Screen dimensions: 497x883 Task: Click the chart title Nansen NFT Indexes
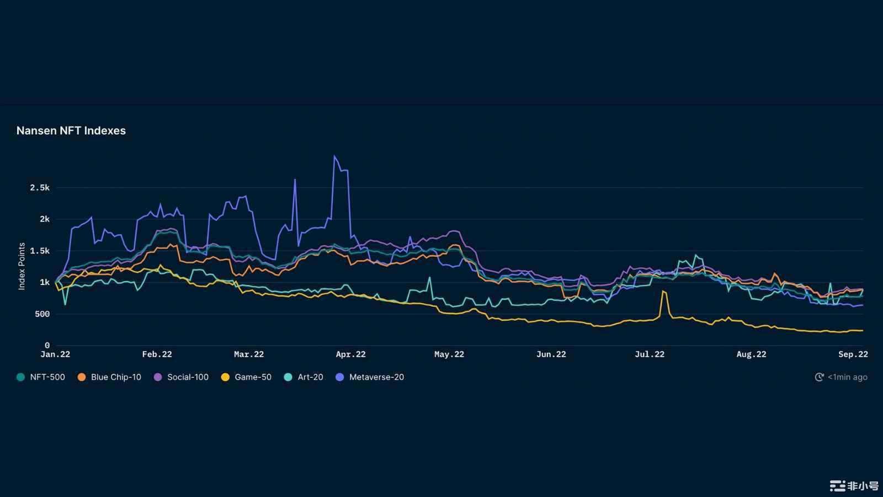coord(71,131)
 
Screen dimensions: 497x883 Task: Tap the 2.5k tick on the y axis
coord(40,188)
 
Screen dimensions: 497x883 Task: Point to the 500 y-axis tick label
coord(42,314)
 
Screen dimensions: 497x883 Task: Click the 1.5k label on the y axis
coord(40,251)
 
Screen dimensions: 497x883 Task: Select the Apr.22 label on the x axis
coord(350,355)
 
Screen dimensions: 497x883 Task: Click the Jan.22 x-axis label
coord(55,355)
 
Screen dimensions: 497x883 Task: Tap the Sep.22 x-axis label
coord(853,355)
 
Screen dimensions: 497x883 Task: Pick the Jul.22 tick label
coord(650,355)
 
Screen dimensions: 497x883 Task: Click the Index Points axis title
coord(22,266)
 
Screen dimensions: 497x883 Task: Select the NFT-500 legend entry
coord(47,377)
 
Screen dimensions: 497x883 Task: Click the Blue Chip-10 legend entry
coord(116,377)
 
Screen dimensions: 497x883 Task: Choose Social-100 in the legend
coord(188,377)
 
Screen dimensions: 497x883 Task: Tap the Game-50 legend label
coord(253,377)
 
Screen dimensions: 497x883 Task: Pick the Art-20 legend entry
coord(310,377)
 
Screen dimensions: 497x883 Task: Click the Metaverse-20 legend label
coord(376,377)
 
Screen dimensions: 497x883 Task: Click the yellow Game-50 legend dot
coord(225,377)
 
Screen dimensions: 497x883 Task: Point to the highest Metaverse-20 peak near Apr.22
coord(334,156)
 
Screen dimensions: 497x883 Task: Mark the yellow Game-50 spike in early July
coord(663,291)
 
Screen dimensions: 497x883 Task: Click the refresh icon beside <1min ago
coord(820,377)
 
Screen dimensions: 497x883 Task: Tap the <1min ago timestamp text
coord(848,377)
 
